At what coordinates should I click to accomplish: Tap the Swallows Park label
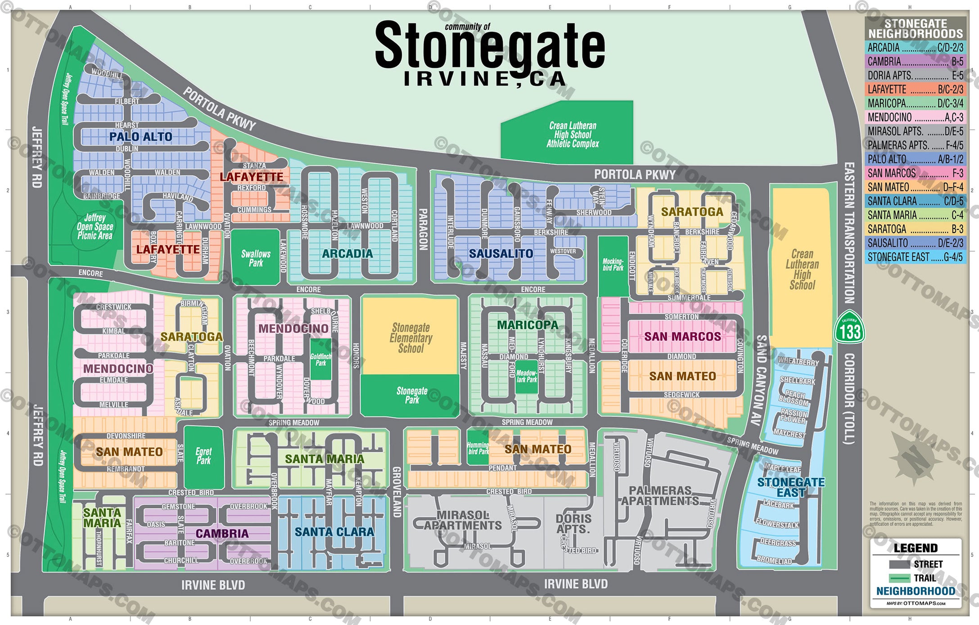click(x=256, y=258)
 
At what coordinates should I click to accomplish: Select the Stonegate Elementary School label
click(x=411, y=338)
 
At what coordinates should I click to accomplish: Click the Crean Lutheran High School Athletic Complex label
click(x=573, y=135)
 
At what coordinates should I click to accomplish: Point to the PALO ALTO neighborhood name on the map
click(x=140, y=137)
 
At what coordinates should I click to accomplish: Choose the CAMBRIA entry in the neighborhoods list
click(x=915, y=62)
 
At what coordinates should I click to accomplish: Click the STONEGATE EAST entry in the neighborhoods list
click(x=915, y=257)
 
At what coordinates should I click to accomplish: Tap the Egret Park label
click(x=203, y=456)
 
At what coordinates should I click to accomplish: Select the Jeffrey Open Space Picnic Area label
click(x=95, y=226)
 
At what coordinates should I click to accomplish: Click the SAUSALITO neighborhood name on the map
click(x=501, y=254)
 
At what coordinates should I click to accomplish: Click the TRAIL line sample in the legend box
click(x=899, y=578)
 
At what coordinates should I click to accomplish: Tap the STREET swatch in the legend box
click(x=899, y=564)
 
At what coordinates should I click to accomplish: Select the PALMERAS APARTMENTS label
click(x=660, y=495)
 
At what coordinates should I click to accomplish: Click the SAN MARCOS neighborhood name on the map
click(x=682, y=337)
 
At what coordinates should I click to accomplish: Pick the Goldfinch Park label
click(x=320, y=360)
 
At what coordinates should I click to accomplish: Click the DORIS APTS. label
click(x=573, y=524)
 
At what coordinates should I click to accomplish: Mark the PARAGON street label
click(x=423, y=229)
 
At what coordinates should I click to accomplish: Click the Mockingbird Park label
click(x=613, y=265)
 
